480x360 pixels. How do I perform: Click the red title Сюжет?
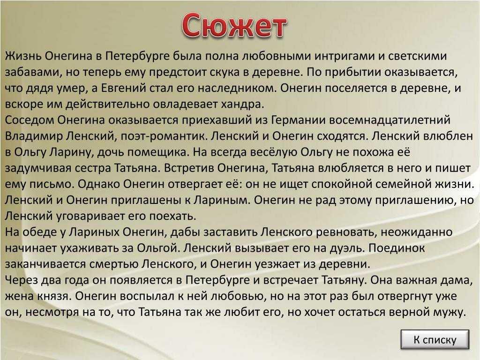[x=234, y=25]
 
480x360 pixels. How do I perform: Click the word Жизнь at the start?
[x=22, y=56]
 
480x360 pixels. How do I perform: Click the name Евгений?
[x=122, y=88]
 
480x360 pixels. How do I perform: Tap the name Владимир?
[x=34, y=136]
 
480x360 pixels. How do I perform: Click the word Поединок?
[x=397, y=248]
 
